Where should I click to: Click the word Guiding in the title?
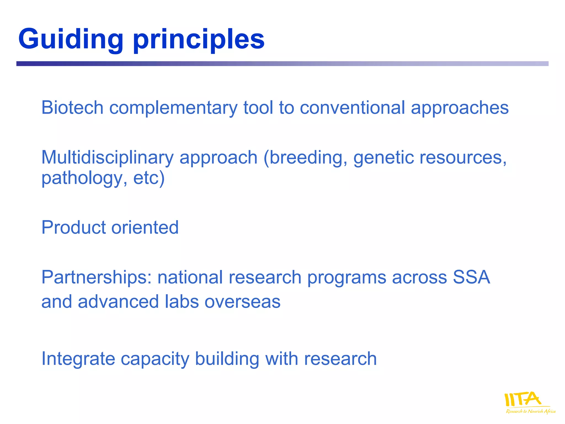71,39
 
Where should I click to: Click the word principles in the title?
199,39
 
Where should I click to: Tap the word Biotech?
72,107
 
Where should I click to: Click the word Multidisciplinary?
107,158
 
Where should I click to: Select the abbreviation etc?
146,178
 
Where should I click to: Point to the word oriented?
145,227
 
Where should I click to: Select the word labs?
182,301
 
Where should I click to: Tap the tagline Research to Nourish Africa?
531,411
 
